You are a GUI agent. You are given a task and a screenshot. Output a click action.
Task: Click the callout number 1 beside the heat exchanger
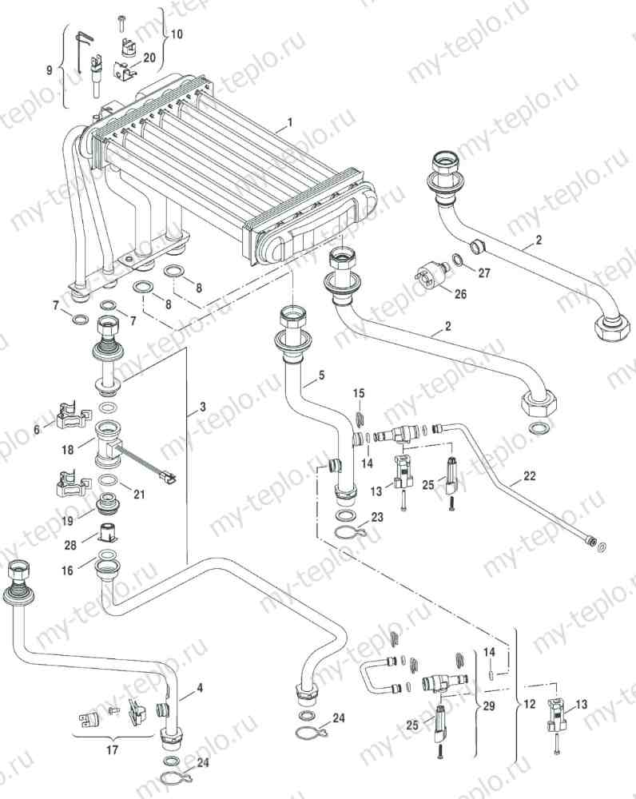[291, 123]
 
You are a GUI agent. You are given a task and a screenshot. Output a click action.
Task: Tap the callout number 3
[202, 407]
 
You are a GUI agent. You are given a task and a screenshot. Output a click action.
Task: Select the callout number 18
[70, 450]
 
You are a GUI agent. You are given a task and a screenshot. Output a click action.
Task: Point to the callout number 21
[139, 495]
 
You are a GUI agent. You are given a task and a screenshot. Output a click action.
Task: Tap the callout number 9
[50, 70]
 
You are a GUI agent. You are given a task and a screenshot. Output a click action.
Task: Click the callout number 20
[149, 58]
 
